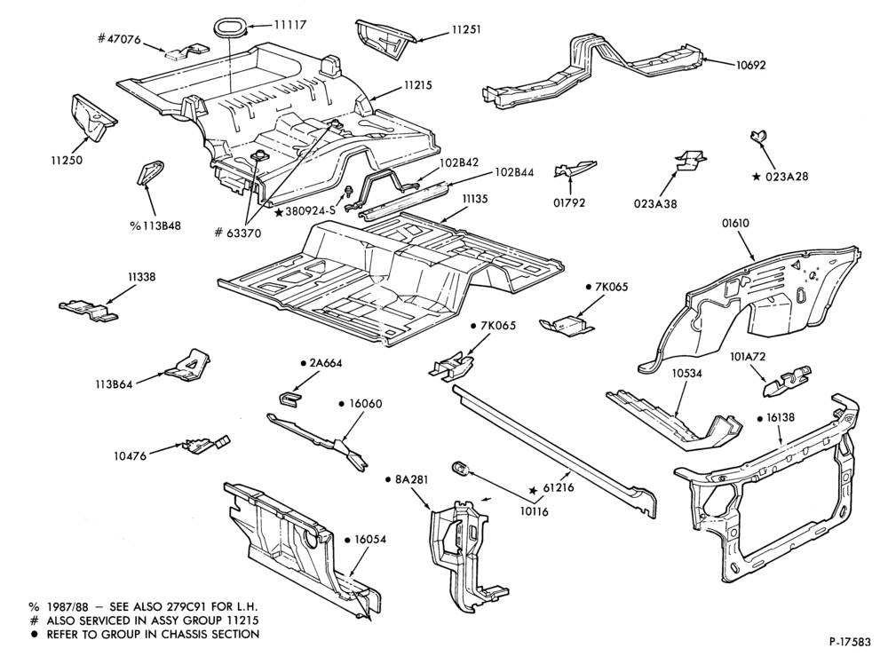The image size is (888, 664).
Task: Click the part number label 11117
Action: pyautogui.click(x=290, y=25)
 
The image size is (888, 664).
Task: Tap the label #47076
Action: pyautogui.click(x=119, y=38)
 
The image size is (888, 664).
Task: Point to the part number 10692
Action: pyautogui.click(x=750, y=65)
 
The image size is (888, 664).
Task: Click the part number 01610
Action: pyautogui.click(x=735, y=223)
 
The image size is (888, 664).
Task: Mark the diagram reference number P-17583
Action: pyautogui.click(x=850, y=642)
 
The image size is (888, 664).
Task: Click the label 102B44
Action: pyautogui.click(x=514, y=171)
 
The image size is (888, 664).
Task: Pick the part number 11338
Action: pyautogui.click(x=141, y=277)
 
